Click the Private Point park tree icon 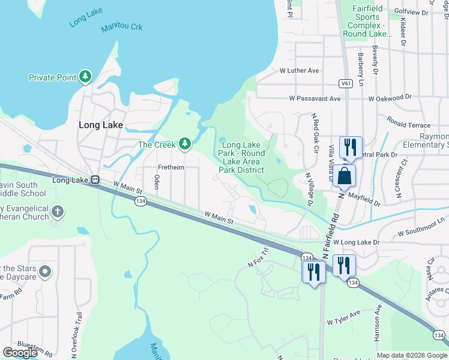click(86, 77)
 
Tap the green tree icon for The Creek click(185, 144)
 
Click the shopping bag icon click(345, 176)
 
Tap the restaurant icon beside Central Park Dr click(349, 147)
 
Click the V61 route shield click(345, 83)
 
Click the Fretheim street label click(170, 167)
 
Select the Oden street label click(157, 182)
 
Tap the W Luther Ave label click(300, 70)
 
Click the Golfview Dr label click(412, 12)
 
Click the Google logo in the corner click(20, 353)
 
